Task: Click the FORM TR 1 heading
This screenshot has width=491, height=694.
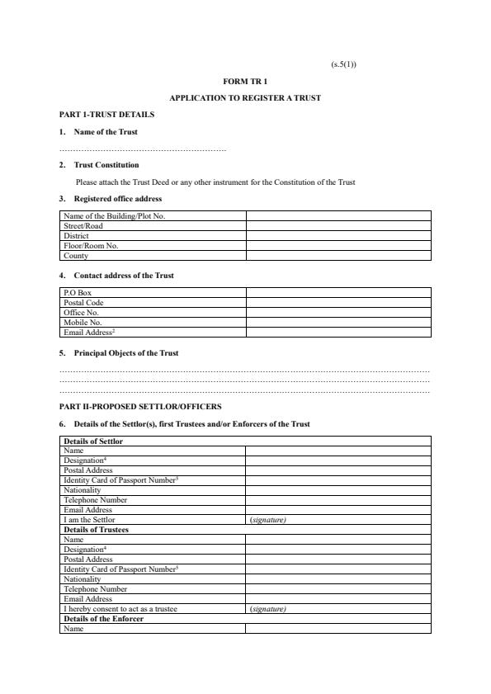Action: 245,82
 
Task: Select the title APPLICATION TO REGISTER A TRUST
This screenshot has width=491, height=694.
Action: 245,98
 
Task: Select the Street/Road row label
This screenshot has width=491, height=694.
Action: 83,226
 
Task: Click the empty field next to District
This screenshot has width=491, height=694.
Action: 338,236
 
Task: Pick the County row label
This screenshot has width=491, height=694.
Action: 76,256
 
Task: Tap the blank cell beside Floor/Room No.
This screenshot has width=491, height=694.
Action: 338,246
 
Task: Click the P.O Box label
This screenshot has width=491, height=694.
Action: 78,292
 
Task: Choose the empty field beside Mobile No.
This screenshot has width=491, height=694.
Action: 338,323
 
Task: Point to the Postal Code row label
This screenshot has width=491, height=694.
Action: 83,303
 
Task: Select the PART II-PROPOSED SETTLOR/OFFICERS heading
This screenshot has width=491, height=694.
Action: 140,407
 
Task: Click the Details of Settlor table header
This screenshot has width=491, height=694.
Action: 93,441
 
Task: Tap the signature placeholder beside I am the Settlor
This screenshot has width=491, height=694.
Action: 267,520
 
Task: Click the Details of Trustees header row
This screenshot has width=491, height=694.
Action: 96,530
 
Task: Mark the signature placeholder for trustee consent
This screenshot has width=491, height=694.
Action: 267,609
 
